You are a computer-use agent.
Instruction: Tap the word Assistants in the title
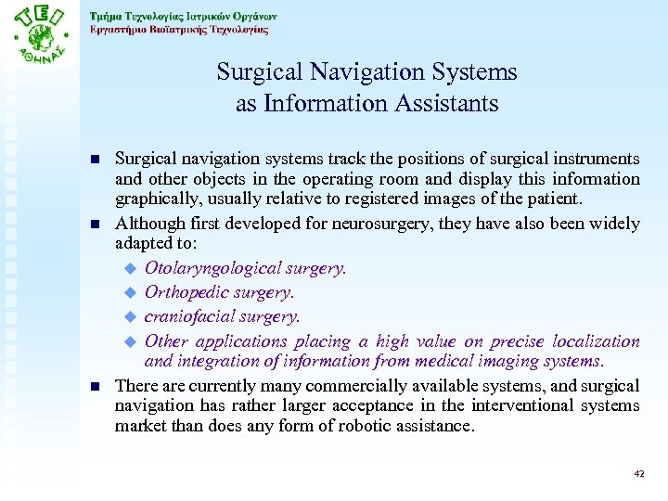448,103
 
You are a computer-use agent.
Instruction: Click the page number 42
638,473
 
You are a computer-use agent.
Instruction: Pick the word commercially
324,385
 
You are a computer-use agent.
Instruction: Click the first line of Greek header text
183,16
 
